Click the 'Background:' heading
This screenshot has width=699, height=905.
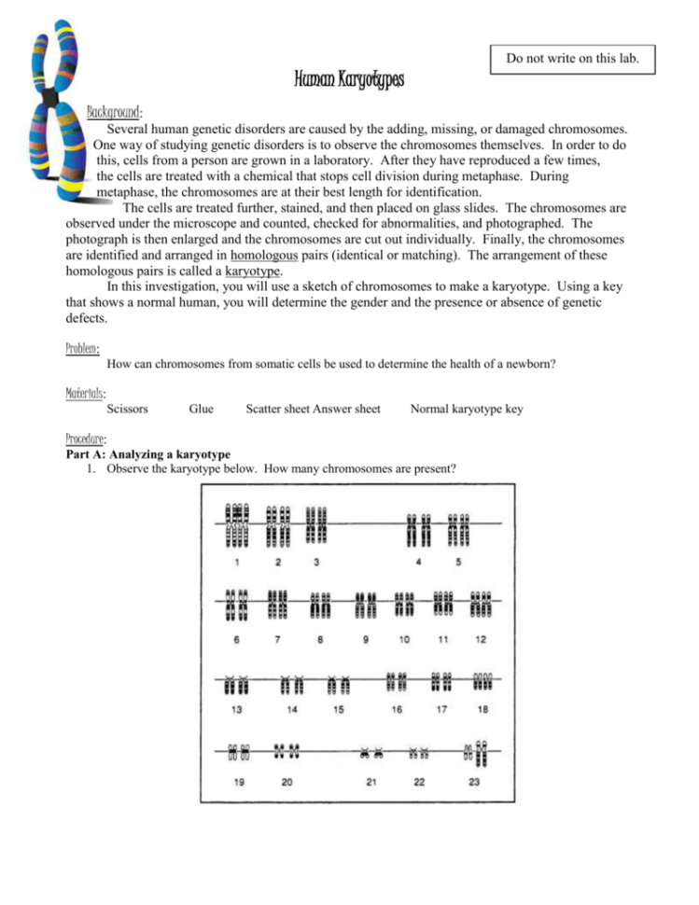(114, 112)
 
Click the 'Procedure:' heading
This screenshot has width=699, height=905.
(87, 438)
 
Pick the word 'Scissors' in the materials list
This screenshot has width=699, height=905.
(127, 409)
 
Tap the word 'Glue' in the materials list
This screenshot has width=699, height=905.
(201, 409)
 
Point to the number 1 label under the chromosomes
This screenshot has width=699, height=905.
(237, 562)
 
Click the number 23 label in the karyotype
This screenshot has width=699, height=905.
(474, 782)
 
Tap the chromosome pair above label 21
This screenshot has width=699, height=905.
(372, 750)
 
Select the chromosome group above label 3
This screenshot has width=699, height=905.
(317, 524)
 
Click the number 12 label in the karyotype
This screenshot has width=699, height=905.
(481, 639)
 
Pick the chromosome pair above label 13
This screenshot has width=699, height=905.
(237, 684)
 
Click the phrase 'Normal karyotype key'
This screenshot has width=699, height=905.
(467, 409)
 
